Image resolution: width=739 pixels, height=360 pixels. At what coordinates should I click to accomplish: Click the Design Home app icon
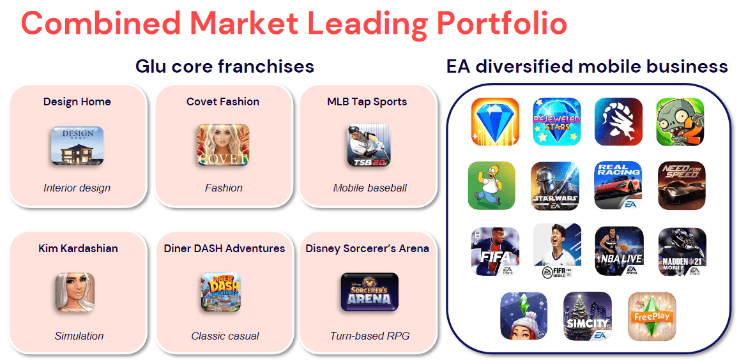pos(77,145)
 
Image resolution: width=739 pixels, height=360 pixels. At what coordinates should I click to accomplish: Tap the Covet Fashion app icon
pos(223,145)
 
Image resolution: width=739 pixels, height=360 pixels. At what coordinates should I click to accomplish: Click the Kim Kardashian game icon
pos(75,292)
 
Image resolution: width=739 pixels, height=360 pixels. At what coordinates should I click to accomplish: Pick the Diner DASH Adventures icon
pos(220,292)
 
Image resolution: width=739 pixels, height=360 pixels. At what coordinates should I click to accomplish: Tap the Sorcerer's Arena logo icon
pos(369,292)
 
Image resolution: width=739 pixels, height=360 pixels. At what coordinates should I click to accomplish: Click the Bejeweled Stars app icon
pos(557,121)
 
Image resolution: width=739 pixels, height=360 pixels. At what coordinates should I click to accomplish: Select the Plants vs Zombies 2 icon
pos(680,122)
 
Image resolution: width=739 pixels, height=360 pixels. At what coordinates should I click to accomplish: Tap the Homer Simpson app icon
pos(492,186)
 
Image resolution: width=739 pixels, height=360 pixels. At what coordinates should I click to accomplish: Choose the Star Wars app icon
pos(554,186)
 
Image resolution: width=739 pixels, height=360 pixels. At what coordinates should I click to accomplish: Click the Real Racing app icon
pos(618,185)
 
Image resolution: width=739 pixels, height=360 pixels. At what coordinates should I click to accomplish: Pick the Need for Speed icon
pos(682,185)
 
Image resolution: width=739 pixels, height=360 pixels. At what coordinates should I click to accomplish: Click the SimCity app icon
pos(587,316)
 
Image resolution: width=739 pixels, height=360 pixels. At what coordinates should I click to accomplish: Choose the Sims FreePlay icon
pos(651,316)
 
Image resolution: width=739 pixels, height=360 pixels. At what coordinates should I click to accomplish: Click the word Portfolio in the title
pos(501,22)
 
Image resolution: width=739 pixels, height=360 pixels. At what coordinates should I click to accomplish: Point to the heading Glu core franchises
pos(225,66)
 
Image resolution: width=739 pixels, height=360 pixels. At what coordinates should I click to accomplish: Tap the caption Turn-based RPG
pos(369,336)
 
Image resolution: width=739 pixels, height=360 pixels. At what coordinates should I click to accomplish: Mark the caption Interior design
pos(77,188)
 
